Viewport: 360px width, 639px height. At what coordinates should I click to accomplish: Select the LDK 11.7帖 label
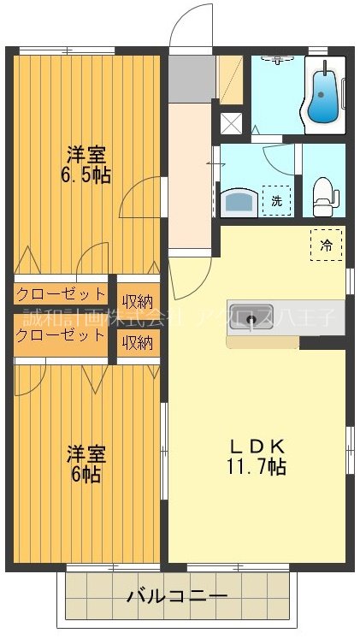(x=257, y=457)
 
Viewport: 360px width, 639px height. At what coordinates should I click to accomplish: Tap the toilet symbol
(x=323, y=196)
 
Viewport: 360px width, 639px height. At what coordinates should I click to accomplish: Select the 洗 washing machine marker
(x=275, y=201)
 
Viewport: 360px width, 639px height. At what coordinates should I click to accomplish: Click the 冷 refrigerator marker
(x=326, y=243)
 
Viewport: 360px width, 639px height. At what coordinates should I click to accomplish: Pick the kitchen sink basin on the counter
(x=251, y=320)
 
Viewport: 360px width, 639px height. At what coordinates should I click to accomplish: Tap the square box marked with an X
(x=232, y=122)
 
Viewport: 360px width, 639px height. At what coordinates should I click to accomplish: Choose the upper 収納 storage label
(x=137, y=300)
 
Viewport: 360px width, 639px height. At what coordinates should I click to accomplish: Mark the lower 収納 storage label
(x=137, y=342)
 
